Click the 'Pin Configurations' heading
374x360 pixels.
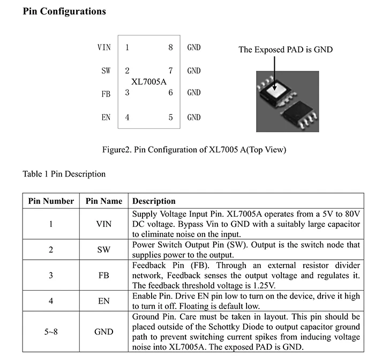click(x=64, y=11)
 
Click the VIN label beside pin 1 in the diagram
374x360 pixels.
click(x=104, y=47)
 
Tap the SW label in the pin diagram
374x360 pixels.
click(x=106, y=70)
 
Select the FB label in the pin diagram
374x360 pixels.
click(x=106, y=94)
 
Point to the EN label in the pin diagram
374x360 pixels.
click(x=106, y=117)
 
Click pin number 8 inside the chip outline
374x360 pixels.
click(x=170, y=47)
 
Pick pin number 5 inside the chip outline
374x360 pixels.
click(x=170, y=117)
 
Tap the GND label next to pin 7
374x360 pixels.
click(x=194, y=70)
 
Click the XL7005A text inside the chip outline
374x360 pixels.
click(x=149, y=82)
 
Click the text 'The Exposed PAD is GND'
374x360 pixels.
click(x=286, y=50)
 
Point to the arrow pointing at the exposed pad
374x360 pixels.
click(x=275, y=70)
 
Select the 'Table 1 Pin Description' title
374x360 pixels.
click(x=64, y=174)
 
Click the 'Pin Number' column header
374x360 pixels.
click(x=51, y=201)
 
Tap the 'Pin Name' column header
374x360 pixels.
click(x=104, y=201)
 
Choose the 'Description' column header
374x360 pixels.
click(x=154, y=201)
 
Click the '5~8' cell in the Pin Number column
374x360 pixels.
click(x=51, y=332)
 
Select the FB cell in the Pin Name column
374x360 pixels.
click(x=104, y=275)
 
